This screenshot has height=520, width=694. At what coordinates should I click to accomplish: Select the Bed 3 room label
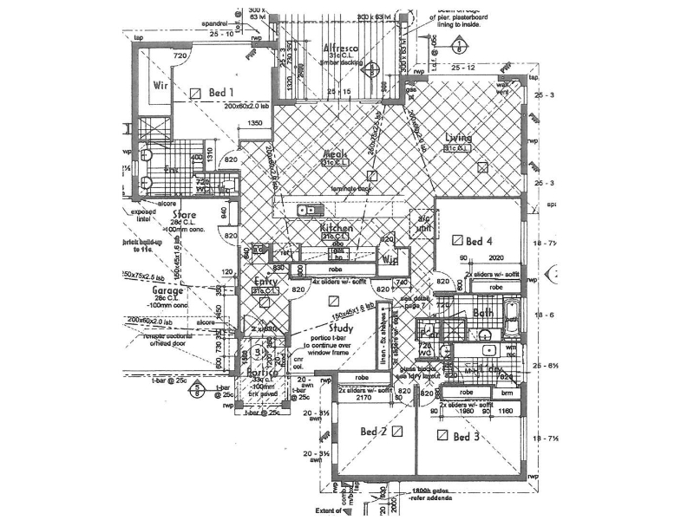click(467, 437)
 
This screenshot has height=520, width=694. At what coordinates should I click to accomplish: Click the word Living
click(458, 138)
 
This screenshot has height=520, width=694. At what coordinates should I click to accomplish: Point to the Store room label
click(184, 214)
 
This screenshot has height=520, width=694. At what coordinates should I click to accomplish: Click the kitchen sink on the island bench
click(308, 210)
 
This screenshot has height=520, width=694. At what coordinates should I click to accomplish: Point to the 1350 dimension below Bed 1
click(254, 124)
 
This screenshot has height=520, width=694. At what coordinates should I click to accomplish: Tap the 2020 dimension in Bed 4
click(496, 257)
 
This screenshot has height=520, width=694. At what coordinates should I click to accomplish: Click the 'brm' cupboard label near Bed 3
click(507, 392)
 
